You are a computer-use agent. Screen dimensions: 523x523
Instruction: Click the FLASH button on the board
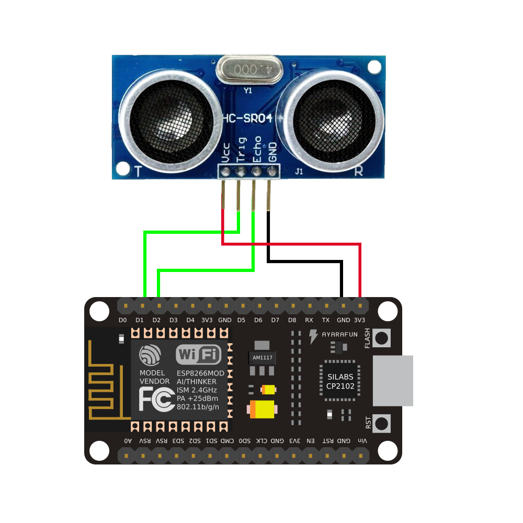(382, 338)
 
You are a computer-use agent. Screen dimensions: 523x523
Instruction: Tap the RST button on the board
(382, 423)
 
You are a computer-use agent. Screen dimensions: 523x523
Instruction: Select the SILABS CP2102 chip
(340, 381)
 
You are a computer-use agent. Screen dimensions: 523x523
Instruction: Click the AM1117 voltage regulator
(262, 358)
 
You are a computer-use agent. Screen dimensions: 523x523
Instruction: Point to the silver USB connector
(392, 380)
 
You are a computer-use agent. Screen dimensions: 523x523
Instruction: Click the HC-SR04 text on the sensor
(248, 118)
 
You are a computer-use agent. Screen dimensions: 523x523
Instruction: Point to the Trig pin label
(241, 150)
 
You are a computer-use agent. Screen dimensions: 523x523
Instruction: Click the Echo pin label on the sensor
(257, 150)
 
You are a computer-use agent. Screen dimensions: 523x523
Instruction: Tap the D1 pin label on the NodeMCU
(140, 320)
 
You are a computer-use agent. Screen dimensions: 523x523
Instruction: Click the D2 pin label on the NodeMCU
(156, 320)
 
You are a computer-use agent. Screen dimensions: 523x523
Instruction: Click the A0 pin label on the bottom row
(128, 441)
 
